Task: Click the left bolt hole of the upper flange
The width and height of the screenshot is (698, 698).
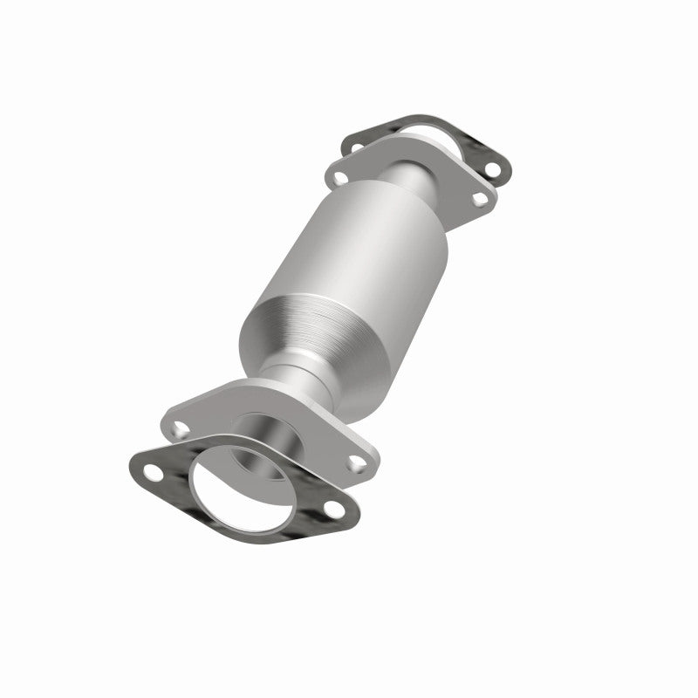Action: pyautogui.click(x=334, y=178)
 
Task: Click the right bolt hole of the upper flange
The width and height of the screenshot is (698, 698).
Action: pyautogui.click(x=479, y=199)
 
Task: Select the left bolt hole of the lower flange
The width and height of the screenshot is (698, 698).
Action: pyautogui.click(x=179, y=428)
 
